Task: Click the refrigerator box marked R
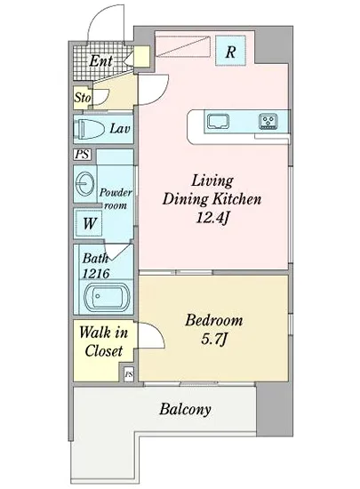pyautogui.click(x=230, y=51)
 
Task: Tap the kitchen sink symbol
pyautogui.click(x=218, y=121)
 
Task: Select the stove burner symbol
pyautogui.click(x=268, y=121)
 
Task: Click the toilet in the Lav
pyautogui.click(x=90, y=129)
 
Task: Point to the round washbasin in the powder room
pyautogui.click(x=84, y=184)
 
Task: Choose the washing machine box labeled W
pyautogui.click(x=90, y=223)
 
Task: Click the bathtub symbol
pyautogui.click(x=108, y=297)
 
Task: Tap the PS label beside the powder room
pyautogui.click(x=83, y=155)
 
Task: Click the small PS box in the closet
pyautogui.click(x=129, y=373)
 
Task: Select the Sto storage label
pyautogui.click(x=83, y=98)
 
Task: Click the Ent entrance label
pyautogui.click(x=100, y=60)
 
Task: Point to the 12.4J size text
pyautogui.click(x=212, y=217)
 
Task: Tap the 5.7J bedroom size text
pyautogui.click(x=213, y=340)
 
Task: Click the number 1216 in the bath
pyautogui.click(x=96, y=274)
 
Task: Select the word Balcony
pyautogui.click(x=185, y=409)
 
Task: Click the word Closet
pyautogui.click(x=103, y=351)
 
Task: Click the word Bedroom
pyautogui.click(x=214, y=321)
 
